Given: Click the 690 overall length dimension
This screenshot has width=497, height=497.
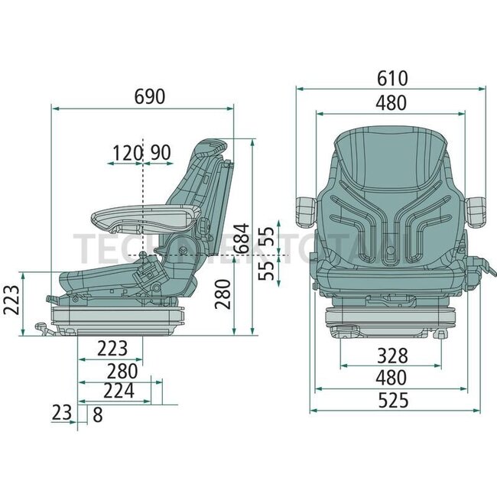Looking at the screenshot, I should click(x=149, y=97).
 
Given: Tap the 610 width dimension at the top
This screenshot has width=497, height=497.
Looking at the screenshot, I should click(x=392, y=78).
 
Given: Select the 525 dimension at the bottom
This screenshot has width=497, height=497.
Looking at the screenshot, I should click(x=392, y=400).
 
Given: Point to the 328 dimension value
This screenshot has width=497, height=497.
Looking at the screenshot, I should click(x=392, y=355).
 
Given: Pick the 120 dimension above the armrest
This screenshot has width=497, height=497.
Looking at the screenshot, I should click(x=127, y=153).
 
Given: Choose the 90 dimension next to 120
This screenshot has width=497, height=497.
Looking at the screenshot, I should click(x=160, y=153).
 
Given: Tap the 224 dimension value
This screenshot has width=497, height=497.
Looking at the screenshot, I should click(x=118, y=391).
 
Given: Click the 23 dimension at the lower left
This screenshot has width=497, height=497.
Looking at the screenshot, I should click(x=61, y=414).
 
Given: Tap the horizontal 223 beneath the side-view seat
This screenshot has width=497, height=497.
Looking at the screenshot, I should click(x=112, y=349).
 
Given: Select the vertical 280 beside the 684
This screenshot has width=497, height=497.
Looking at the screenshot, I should click(x=223, y=294).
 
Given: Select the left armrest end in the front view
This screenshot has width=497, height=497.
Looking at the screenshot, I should click(x=306, y=210).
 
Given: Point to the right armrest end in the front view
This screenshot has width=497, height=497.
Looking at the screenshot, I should click(x=478, y=210).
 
